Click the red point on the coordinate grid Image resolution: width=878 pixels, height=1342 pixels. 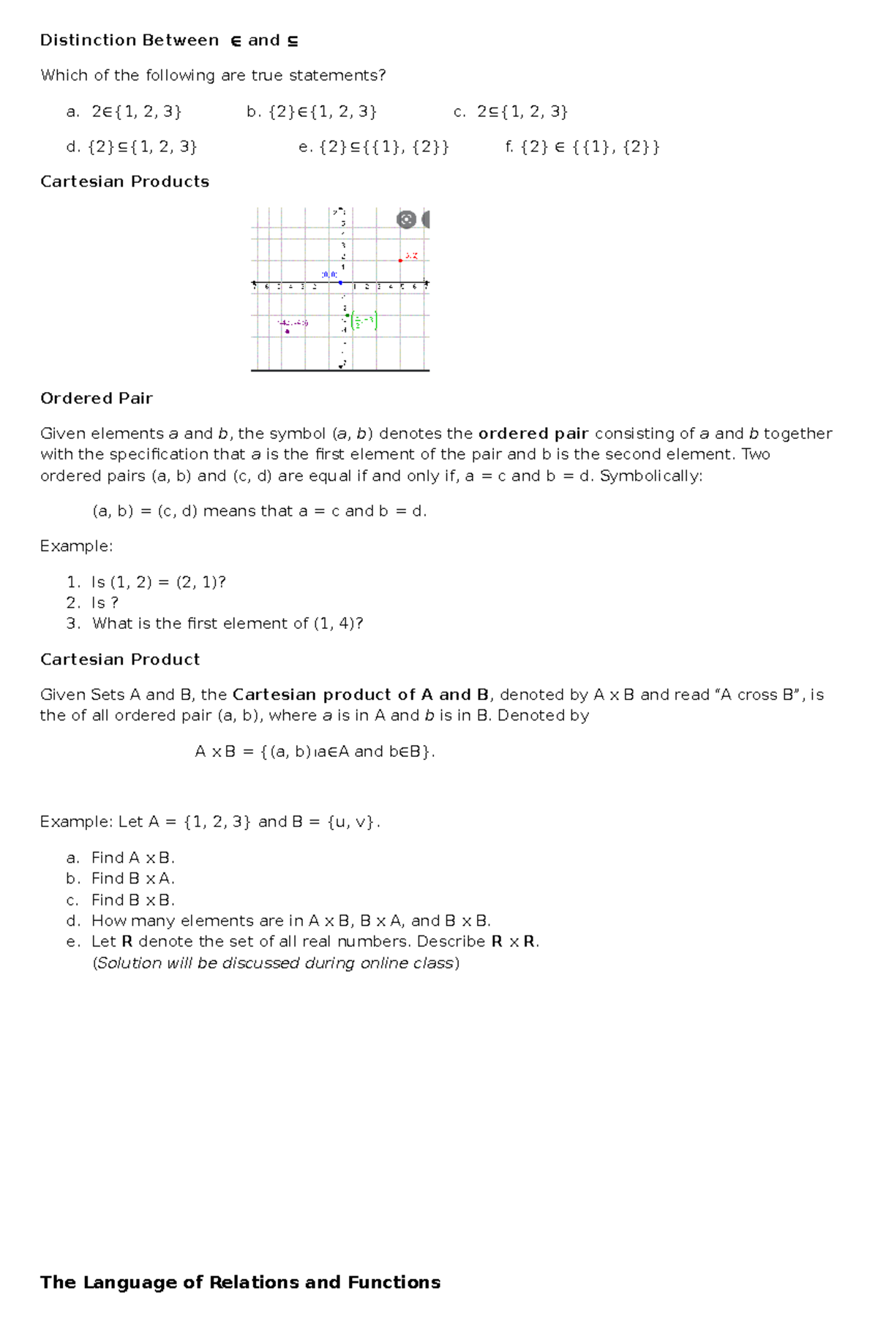(x=400, y=260)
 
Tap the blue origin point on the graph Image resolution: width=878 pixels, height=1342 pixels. (x=340, y=283)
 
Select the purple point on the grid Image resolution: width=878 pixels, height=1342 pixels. (x=287, y=331)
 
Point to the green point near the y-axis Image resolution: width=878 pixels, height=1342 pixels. (x=348, y=315)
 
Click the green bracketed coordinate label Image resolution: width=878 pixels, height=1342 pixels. (x=364, y=321)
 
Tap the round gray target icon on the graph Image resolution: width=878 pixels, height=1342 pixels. (x=406, y=219)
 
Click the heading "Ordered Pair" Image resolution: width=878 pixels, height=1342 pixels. (x=96, y=399)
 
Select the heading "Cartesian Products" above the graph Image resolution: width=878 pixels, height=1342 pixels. (x=124, y=181)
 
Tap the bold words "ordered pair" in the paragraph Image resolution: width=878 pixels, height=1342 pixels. (x=533, y=434)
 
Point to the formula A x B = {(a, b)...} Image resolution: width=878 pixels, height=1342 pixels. (x=315, y=752)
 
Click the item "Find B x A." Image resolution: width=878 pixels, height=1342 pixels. (x=132, y=878)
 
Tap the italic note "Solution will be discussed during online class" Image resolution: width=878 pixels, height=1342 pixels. (x=276, y=963)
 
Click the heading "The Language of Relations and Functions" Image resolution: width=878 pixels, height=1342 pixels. (x=240, y=1282)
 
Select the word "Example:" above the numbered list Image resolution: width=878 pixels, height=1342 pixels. (x=76, y=546)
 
